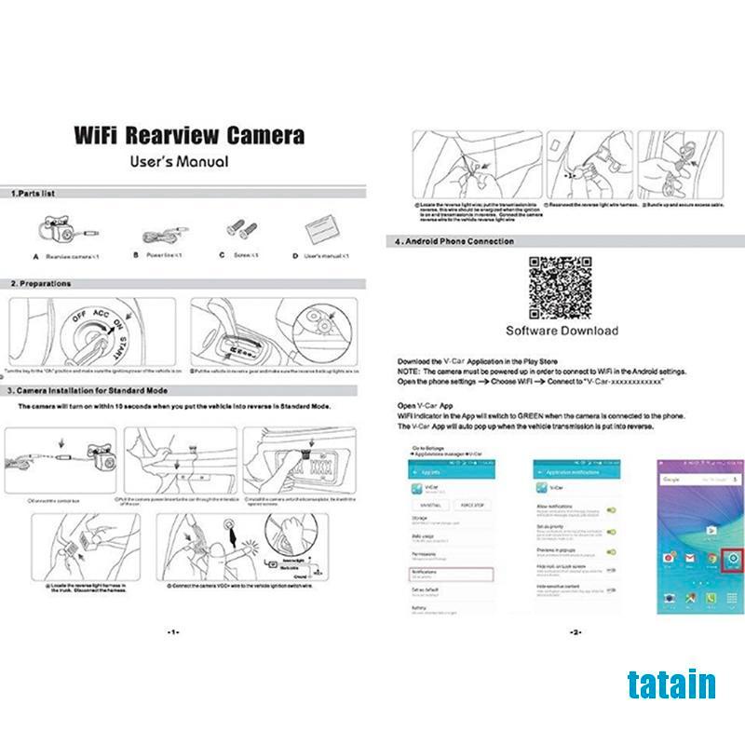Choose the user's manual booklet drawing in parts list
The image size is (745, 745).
coord(319,229)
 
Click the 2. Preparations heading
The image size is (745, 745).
coord(41,283)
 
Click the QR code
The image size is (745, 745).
coord(561,289)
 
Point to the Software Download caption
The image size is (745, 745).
coord(562,331)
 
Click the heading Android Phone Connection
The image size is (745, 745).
coord(454,241)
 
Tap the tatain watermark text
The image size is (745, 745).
coord(671,684)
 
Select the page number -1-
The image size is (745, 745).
coord(173,631)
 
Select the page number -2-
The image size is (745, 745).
coord(575,631)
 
